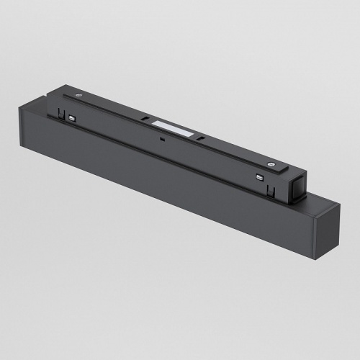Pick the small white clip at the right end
(261, 175)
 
